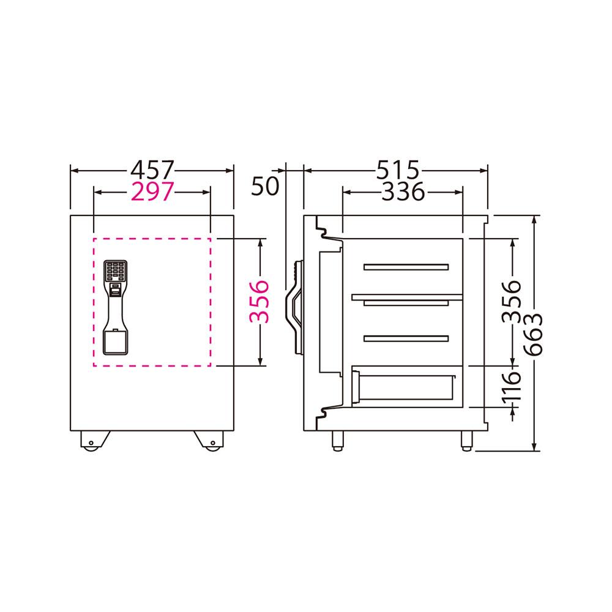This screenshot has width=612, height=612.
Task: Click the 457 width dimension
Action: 152,170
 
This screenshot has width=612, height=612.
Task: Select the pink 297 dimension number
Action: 152,192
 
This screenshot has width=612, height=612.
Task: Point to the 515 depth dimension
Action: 397,170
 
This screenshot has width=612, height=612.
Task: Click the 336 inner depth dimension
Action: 403,192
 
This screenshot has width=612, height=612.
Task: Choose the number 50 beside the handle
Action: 265,186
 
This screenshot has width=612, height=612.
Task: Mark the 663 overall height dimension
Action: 532,334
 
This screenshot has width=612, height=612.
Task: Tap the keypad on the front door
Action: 115,271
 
